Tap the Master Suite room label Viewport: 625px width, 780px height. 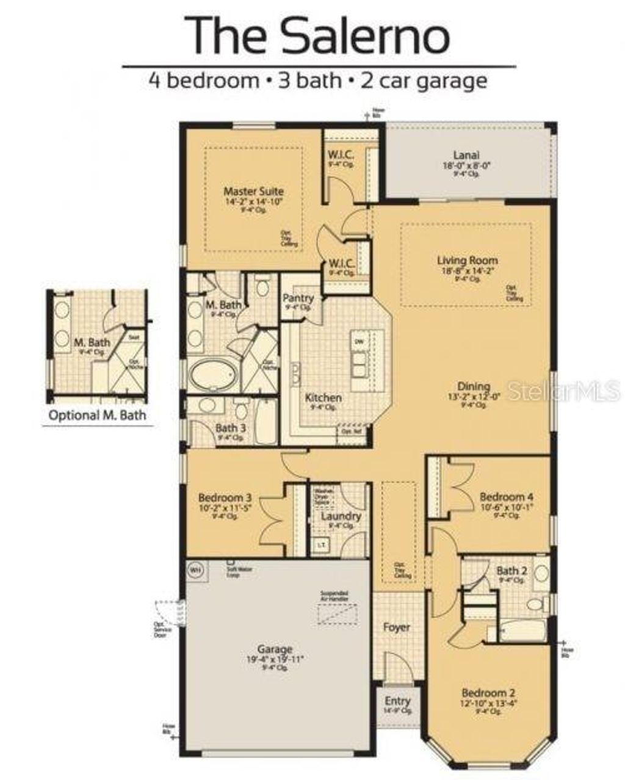click(253, 191)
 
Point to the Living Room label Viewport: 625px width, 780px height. click(467, 261)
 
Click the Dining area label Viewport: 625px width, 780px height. click(474, 386)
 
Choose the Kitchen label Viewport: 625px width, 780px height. click(323, 398)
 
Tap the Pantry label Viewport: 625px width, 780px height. click(298, 298)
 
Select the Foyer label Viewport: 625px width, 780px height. click(396, 627)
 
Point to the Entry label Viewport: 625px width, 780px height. click(397, 701)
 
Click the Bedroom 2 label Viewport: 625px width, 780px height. click(488, 693)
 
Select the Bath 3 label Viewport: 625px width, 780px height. click(230, 428)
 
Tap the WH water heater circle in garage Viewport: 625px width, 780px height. click(195, 570)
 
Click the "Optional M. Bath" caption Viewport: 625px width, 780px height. click(97, 416)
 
